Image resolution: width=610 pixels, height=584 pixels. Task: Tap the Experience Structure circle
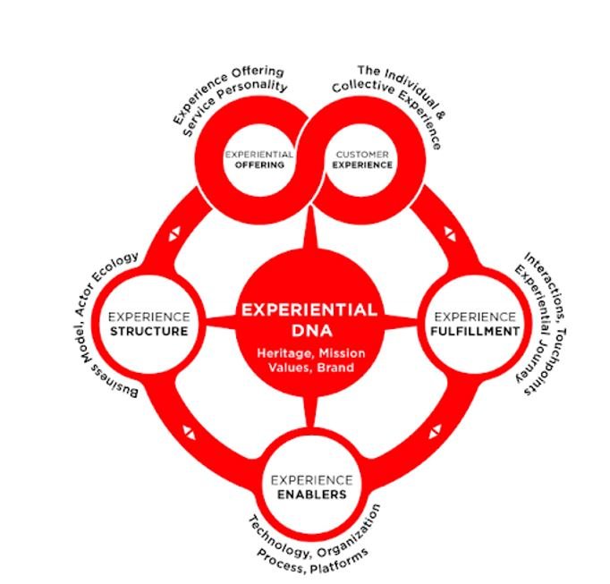click(x=148, y=324)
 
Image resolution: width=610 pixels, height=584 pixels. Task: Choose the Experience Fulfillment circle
click(x=474, y=324)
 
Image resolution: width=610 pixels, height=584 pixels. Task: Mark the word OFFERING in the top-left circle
click(x=260, y=165)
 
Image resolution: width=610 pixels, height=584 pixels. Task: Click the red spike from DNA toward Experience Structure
click(x=219, y=322)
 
